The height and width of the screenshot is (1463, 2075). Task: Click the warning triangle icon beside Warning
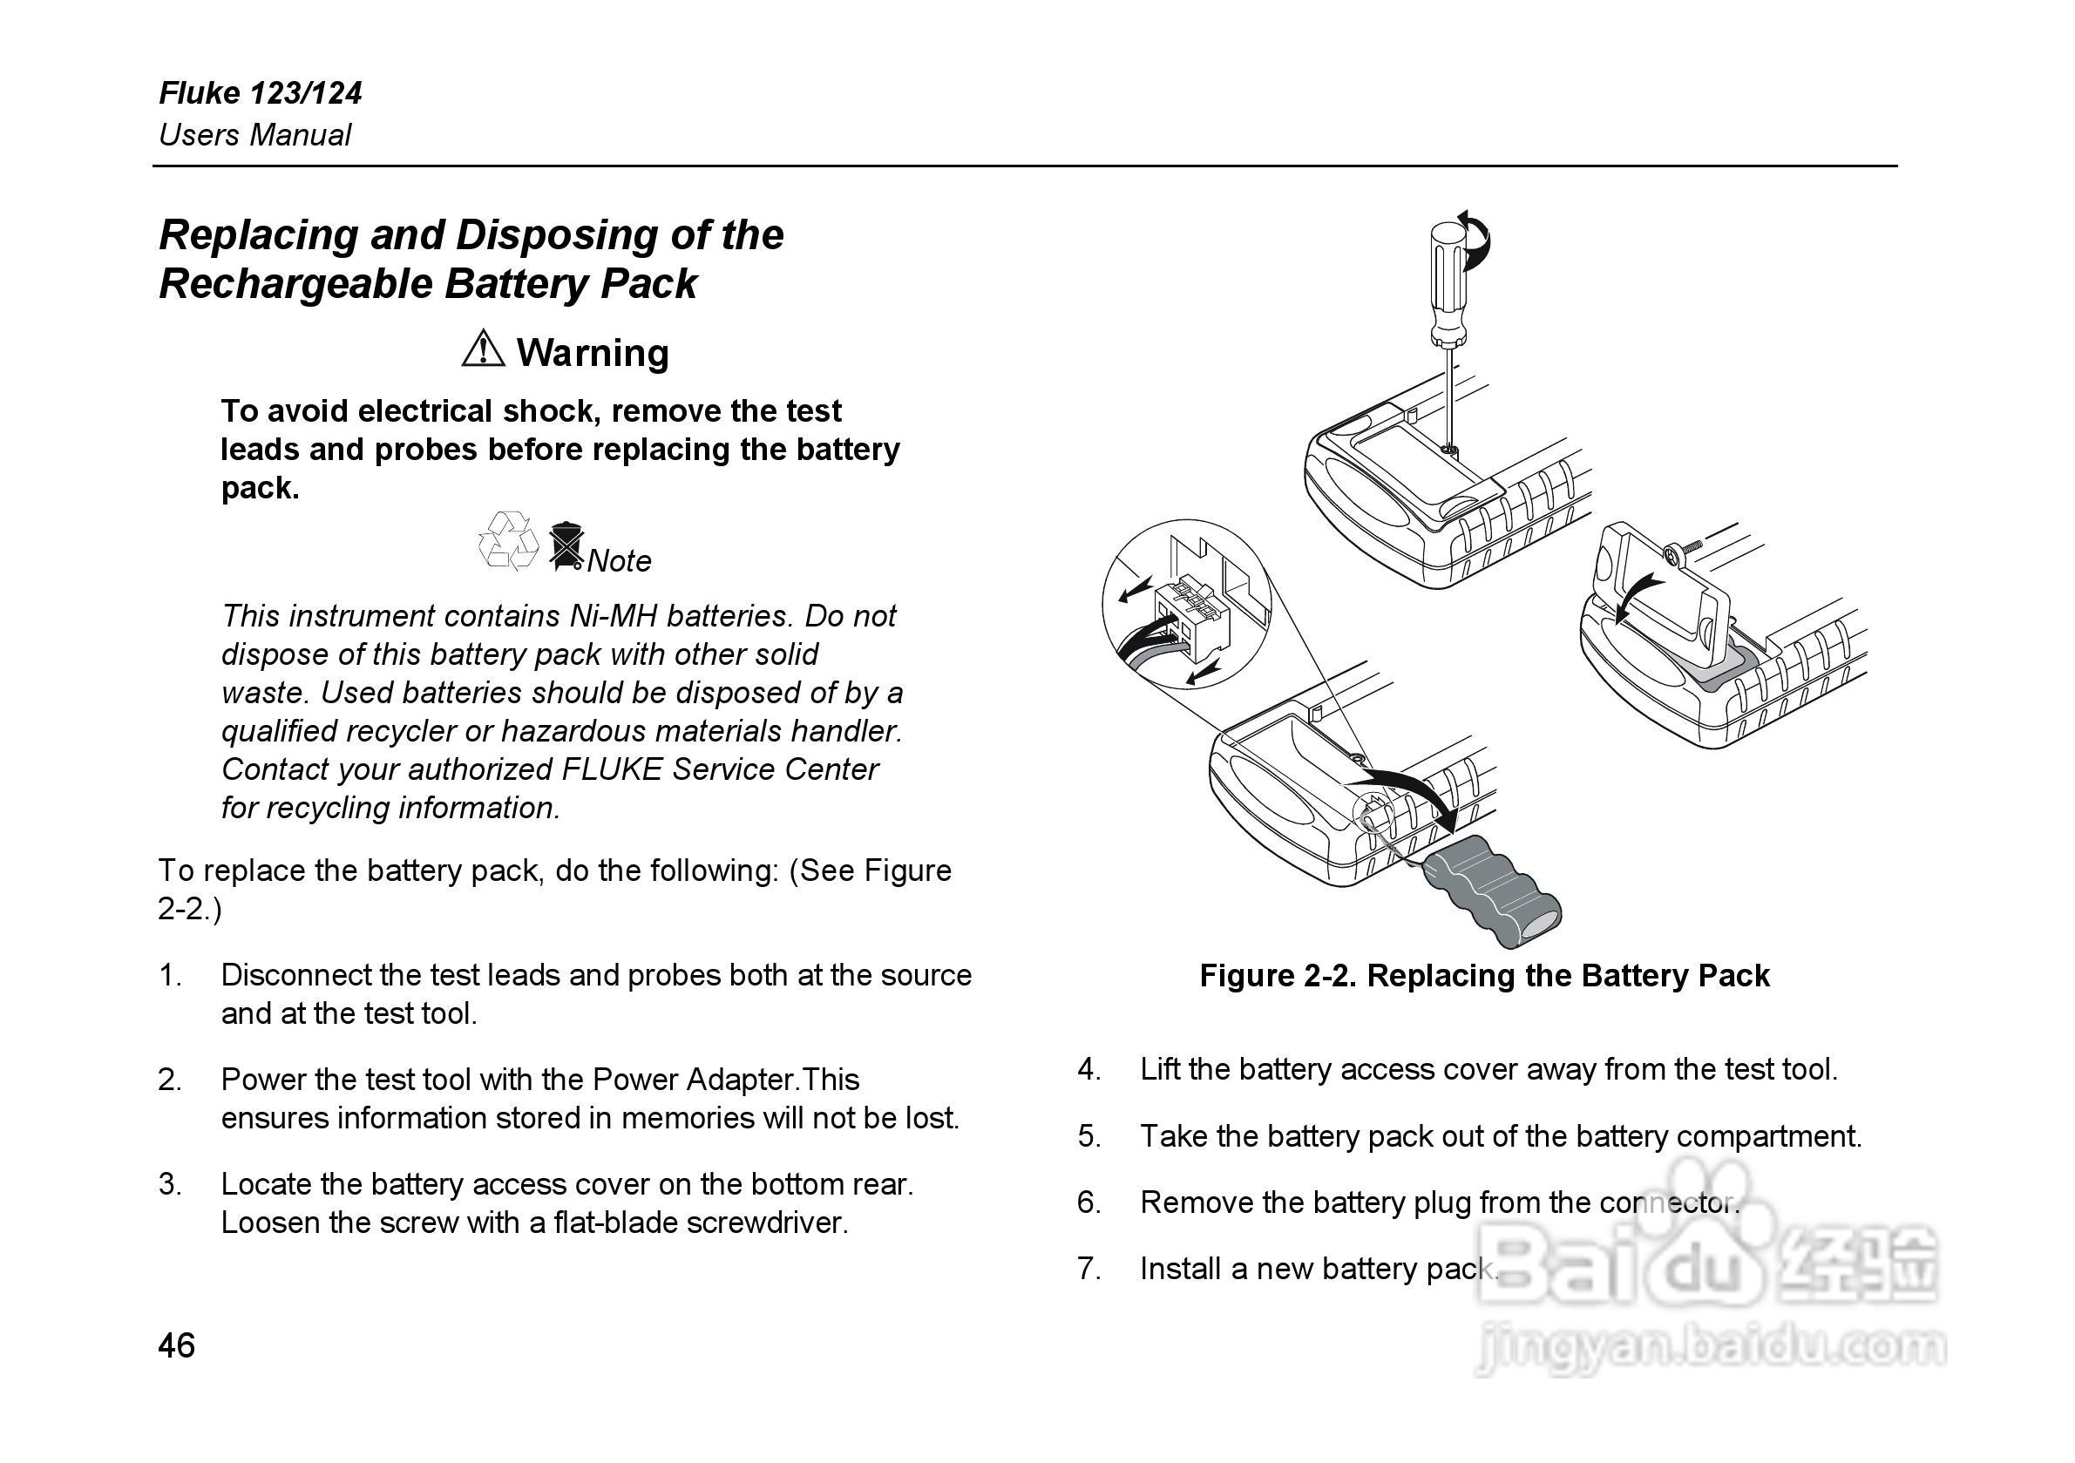coord(483,349)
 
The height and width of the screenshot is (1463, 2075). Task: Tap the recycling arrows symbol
coord(508,541)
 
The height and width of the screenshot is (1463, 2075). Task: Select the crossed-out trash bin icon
coord(565,545)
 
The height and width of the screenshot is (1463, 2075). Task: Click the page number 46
coord(176,1345)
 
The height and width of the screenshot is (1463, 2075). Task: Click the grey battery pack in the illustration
coord(1492,900)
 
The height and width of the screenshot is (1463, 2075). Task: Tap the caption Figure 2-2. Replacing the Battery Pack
coord(1484,975)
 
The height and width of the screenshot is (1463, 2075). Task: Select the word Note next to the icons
coord(619,561)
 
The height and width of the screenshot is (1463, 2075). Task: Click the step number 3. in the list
coord(170,1184)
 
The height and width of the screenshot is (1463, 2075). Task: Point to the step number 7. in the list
coord(1089,1269)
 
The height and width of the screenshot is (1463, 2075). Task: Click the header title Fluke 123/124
coord(261,93)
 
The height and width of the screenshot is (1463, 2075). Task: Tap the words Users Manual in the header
coord(254,136)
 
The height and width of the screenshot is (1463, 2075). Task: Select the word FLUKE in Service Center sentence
coord(612,770)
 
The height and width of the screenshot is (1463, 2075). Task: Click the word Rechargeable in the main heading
coord(297,284)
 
